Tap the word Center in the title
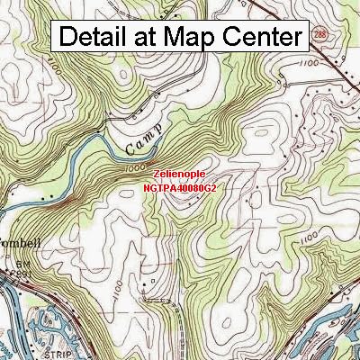tap(256, 37)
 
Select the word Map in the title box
tap(185, 37)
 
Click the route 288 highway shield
tap(321, 33)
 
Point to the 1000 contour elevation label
tap(135, 167)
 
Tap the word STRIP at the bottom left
tap(33, 345)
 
